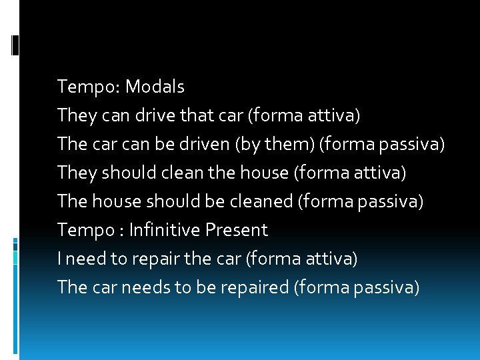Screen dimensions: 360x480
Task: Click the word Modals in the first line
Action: point(155,87)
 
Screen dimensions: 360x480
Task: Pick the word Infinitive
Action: point(165,230)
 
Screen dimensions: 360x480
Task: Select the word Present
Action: point(236,230)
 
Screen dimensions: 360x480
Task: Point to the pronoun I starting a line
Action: point(60,259)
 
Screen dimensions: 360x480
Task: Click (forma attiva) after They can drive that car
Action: point(304,115)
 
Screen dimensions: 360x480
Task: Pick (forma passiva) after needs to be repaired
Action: point(356,287)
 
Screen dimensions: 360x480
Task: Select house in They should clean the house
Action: point(266,173)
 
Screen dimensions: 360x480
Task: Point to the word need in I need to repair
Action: point(86,259)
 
